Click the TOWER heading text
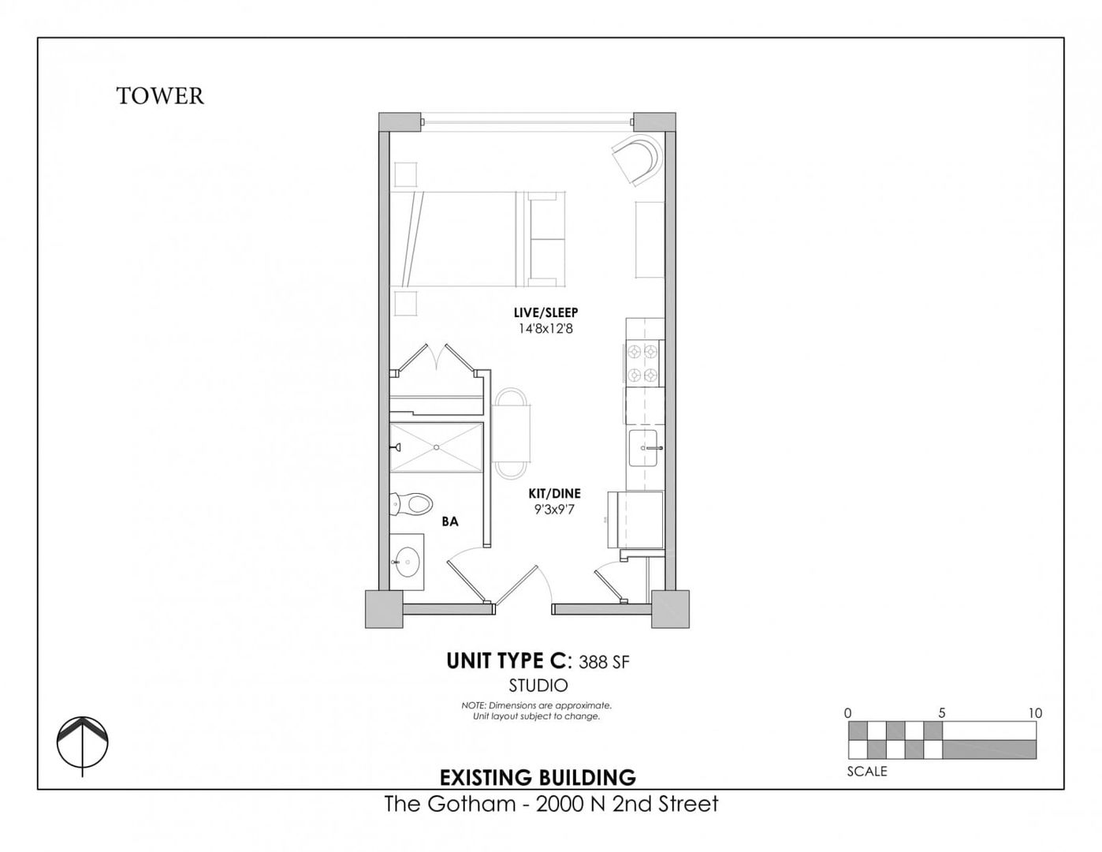pos(160,96)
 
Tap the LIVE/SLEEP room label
pos(545,312)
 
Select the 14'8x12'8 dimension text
pos(545,329)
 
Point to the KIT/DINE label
pos(554,493)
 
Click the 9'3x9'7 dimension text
pos(554,510)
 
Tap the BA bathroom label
pos(450,521)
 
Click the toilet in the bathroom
pos(411,504)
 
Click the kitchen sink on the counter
pos(643,448)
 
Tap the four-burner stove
pos(642,363)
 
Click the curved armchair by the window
pos(638,160)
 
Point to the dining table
pos(511,433)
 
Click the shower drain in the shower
pos(436,447)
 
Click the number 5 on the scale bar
pos(942,713)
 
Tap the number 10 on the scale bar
pos(1035,713)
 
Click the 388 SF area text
pos(604,662)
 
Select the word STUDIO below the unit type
pos(538,686)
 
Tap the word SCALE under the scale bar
pos(866,772)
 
